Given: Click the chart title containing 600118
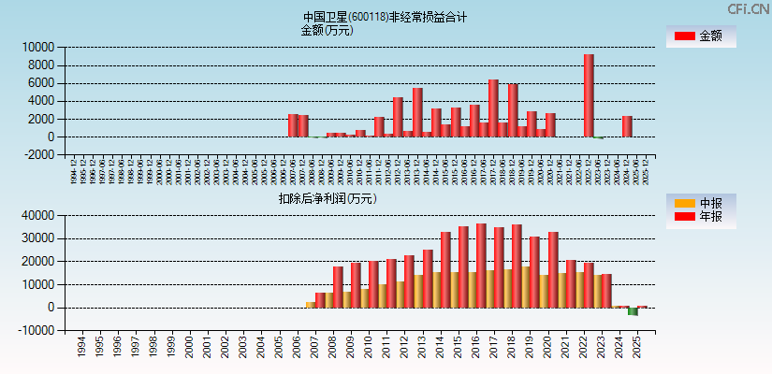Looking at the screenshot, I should point(385,17).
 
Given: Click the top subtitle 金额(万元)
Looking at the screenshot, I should point(327,30).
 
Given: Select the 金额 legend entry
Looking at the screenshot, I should point(701,36).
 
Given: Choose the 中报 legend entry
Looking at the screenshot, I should point(701,203).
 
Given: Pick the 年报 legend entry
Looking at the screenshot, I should point(701,217).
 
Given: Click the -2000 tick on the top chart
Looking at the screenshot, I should point(38,155).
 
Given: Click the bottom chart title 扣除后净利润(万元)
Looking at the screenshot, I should point(327,198).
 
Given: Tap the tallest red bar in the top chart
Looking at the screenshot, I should point(589,95).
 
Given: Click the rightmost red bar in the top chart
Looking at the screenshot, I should point(627,126).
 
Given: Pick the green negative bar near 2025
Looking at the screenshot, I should point(633,311).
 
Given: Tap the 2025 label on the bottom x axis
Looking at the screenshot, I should point(636,348).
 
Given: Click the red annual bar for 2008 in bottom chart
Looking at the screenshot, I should point(338,287).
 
